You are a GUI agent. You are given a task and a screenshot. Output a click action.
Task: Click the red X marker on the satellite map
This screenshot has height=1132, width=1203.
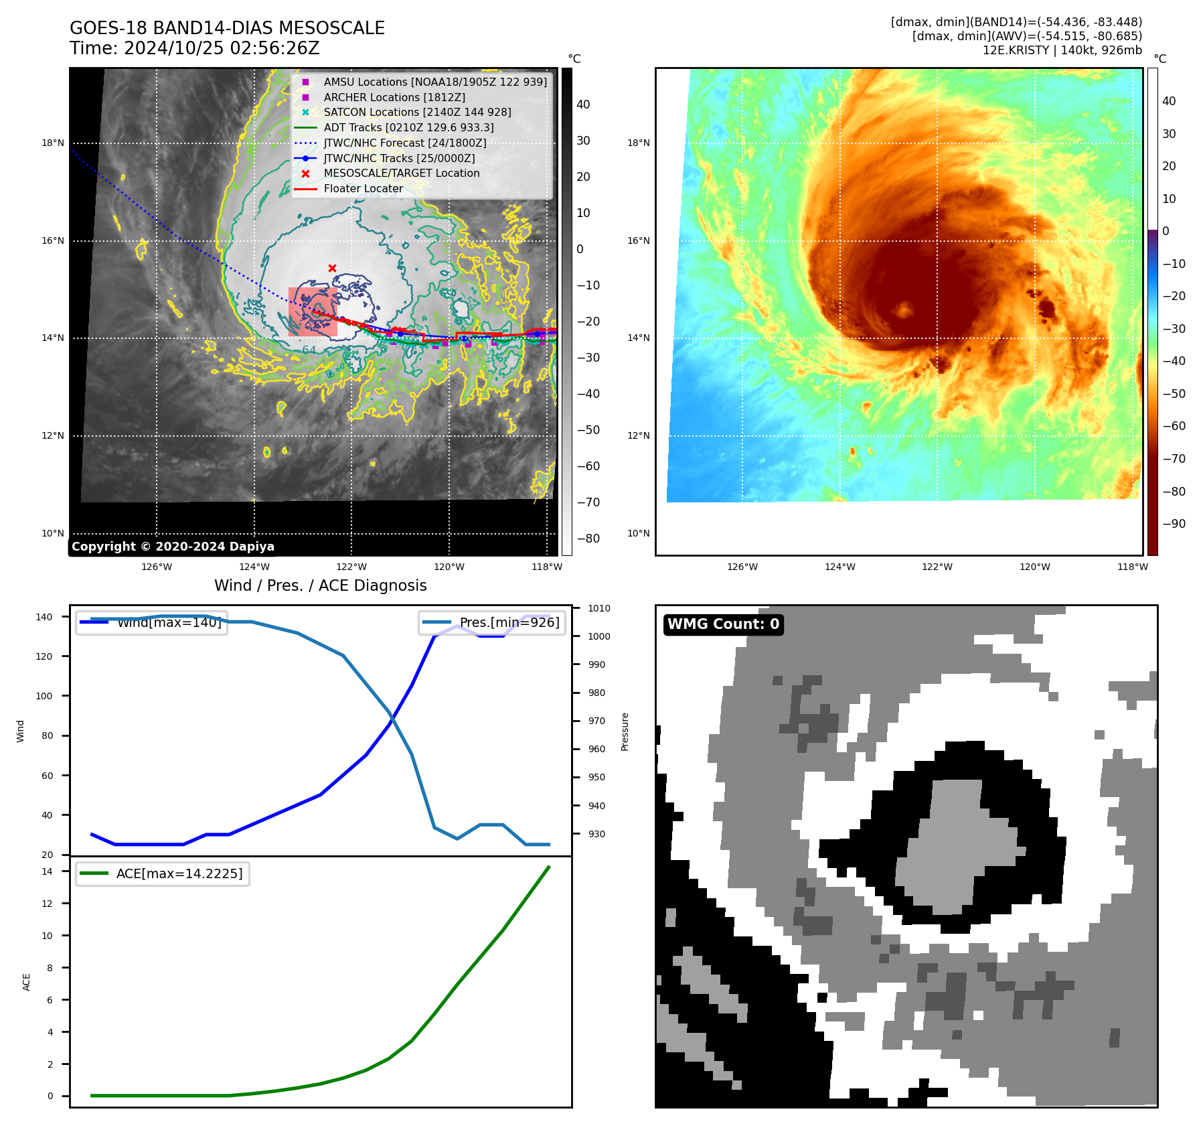point(332,268)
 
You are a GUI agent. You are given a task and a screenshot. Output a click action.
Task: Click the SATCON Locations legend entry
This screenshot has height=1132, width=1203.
point(416,113)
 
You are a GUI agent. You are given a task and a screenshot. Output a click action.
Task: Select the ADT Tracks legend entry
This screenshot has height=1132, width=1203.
point(408,127)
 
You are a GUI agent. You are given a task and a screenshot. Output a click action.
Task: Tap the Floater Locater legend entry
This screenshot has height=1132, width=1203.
point(363,188)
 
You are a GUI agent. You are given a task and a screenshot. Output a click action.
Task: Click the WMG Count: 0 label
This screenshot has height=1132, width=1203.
point(723,624)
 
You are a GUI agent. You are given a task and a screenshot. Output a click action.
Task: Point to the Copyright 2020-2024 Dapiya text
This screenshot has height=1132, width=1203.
point(173,547)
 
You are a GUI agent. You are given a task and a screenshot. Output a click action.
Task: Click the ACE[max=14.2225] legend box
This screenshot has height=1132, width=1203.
point(163,874)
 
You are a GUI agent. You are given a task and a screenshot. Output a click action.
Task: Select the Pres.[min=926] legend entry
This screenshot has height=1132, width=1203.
point(492,622)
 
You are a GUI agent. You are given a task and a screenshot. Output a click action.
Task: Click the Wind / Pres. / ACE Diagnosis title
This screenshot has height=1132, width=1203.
point(320,585)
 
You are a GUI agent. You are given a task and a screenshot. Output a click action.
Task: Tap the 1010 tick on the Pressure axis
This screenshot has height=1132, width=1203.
point(599,608)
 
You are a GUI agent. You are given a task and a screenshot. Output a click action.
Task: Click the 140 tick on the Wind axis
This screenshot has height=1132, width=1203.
point(44,617)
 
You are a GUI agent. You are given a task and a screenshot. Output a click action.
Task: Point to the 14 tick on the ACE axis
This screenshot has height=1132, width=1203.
point(47,871)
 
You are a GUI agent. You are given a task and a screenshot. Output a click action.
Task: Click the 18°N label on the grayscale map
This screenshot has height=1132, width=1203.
point(53,143)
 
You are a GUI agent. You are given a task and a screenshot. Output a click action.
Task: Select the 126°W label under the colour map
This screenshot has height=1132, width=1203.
point(742,567)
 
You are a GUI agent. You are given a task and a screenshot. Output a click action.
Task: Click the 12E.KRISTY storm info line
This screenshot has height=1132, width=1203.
point(1062,50)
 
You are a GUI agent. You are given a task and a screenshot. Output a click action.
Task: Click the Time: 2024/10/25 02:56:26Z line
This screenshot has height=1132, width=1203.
point(194,48)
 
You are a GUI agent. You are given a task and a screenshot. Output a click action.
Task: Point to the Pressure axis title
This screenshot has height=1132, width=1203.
point(625,731)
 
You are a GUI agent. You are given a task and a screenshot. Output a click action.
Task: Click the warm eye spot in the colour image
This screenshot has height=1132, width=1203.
point(904,309)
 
